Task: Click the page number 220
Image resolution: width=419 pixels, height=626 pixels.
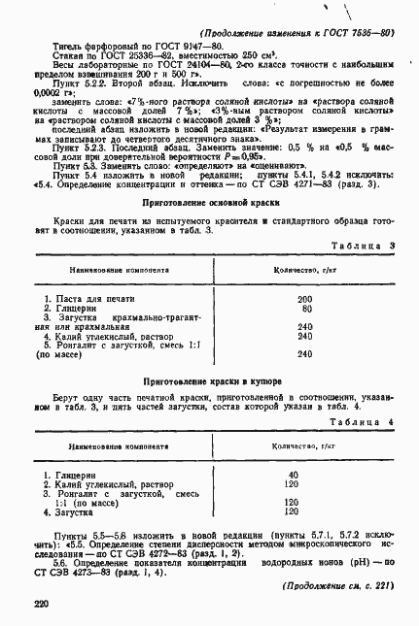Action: coord(40,604)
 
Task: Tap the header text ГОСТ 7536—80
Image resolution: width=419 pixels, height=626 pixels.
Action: coord(361,32)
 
